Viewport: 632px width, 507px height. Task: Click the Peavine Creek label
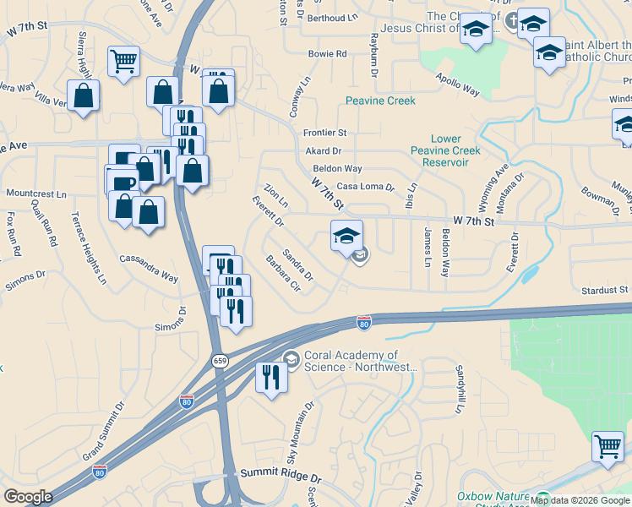point(380,101)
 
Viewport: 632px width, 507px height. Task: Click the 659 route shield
point(220,361)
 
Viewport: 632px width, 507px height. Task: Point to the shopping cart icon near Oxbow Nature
point(607,445)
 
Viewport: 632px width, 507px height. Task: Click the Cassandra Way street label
point(149,267)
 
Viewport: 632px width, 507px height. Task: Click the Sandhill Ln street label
point(460,389)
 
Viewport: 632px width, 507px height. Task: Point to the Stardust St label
point(605,290)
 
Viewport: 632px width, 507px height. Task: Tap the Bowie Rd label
point(328,54)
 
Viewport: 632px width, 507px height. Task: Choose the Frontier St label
point(325,133)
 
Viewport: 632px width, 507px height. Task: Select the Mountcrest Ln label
point(35,194)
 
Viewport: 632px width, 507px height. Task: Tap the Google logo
point(28,497)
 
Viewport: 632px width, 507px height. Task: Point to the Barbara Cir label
point(283,272)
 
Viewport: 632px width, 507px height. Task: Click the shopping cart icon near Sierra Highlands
point(123,61)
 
